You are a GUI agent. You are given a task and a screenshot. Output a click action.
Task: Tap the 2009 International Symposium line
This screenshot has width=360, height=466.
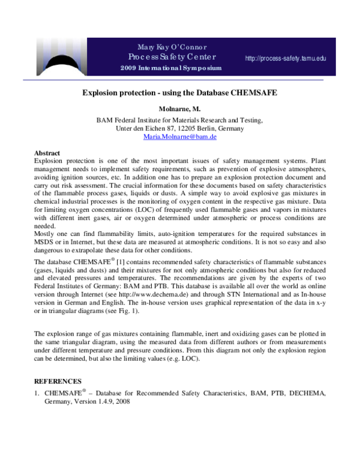pos(171,68)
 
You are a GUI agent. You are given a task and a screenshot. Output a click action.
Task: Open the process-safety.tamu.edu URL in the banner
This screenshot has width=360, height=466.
pos(286,58)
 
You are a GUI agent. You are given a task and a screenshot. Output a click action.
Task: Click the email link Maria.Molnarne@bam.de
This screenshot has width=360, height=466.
pos(180,137)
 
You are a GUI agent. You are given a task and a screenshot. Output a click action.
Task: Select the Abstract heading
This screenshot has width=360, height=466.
pos(47,153)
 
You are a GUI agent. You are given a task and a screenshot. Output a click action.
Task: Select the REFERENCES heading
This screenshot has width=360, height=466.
pos(58,381)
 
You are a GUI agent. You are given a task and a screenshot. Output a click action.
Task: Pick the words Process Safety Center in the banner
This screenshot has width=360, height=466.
pos(171,57)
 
